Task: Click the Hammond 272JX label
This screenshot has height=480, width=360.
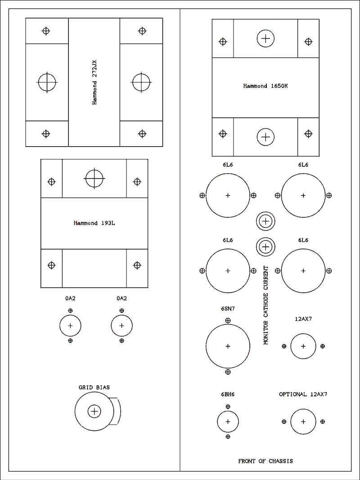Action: (94, 82)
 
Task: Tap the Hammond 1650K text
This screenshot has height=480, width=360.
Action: (265, 86)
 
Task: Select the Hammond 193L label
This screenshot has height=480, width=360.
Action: (94, 223)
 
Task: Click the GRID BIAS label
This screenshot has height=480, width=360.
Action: (94, 387)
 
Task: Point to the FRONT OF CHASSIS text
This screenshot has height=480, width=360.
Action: (265, 461)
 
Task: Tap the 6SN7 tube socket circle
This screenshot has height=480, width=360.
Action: (228, 346)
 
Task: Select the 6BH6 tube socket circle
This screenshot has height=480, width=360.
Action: (228, 422)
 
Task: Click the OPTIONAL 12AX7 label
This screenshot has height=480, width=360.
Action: (303, 394)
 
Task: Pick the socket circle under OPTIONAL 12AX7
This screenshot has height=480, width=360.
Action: (303, 422)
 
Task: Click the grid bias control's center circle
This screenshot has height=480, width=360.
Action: (94, 411)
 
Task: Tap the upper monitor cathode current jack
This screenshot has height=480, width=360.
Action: (265, 221)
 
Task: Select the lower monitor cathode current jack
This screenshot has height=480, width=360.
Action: (265, 247)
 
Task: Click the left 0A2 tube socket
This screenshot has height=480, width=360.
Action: (70, 326)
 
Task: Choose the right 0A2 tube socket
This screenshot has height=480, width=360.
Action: (121, 326)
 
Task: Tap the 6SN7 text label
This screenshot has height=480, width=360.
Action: (228, 309)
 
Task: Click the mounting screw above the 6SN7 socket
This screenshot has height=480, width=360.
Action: (228, 321)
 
